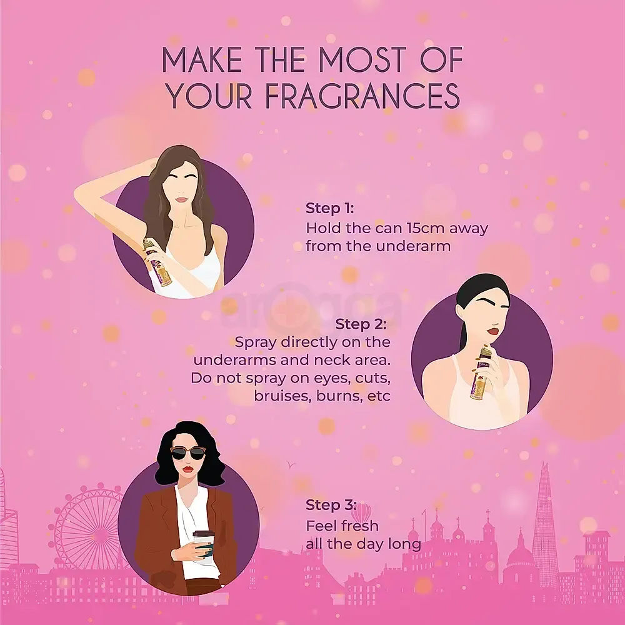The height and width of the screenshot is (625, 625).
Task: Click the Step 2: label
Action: pos(361,324)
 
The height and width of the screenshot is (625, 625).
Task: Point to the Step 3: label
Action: pos(331,504)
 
